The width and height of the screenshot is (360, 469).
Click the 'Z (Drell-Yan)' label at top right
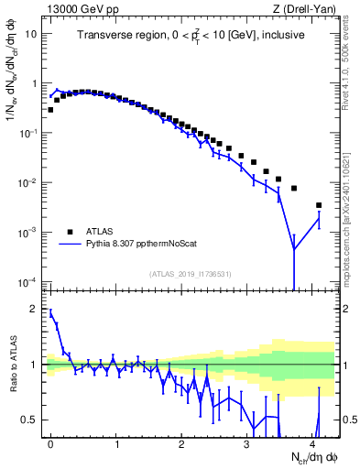(303, 8)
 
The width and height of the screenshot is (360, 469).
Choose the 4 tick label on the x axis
(313, 442)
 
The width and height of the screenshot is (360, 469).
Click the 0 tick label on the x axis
(51, 442)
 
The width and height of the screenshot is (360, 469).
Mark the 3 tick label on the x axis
(247, 442)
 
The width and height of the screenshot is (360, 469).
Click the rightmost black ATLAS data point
(319, 205)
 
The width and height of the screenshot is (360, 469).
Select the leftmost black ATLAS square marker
(50, 110)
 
